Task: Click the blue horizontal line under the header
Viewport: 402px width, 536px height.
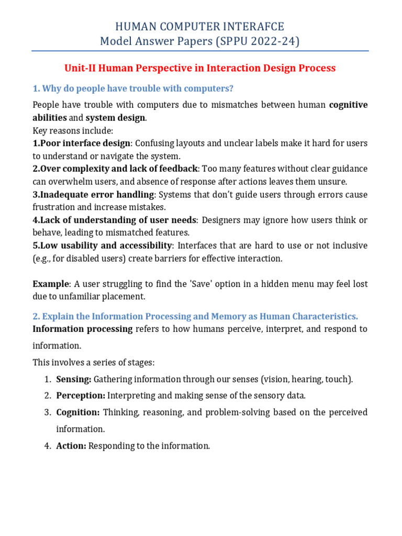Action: (200, 51)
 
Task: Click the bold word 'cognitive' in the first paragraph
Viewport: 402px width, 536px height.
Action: (348, 105)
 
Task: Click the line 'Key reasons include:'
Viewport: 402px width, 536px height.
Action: (73, 130)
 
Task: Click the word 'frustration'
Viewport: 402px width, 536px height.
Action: (54, 207)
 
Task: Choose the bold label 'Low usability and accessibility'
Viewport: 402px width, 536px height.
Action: (102, 245)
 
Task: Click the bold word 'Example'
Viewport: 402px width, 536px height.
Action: (51, 284)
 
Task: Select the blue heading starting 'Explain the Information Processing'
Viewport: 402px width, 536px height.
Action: (200, 316)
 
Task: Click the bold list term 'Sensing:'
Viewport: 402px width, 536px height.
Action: (74, 379)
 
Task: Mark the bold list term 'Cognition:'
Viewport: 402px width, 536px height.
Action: (78, 412)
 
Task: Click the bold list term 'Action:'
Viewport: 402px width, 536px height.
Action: (71, 446)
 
